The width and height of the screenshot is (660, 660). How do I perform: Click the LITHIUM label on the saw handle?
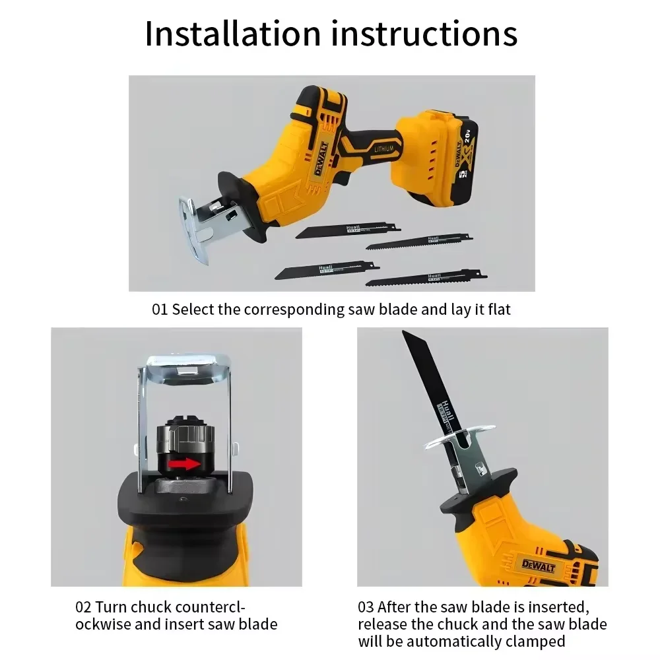click(383, 150)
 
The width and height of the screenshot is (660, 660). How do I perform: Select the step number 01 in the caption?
click(160, 310)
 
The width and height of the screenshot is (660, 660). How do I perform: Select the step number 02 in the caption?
click(83, 607)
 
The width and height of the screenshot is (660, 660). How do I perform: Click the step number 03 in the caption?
click(366, 607)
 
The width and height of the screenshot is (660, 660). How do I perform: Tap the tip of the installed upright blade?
click(408, 339)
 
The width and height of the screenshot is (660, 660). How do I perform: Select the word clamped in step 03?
click(534, 641)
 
